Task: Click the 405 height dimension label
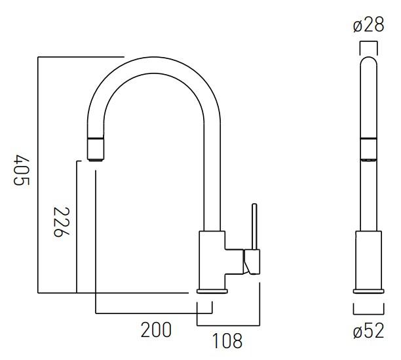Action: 21,170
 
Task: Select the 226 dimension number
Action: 60,223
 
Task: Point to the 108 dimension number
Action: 227,340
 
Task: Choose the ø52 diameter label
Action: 368,331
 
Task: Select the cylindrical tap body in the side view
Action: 212,258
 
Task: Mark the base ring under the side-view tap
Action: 212,291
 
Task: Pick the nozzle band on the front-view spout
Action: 368,148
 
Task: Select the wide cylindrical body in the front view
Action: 368,258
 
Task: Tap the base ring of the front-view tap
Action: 368,291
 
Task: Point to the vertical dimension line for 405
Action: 38,174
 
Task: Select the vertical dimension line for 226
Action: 77,226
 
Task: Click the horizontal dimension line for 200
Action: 153,313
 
